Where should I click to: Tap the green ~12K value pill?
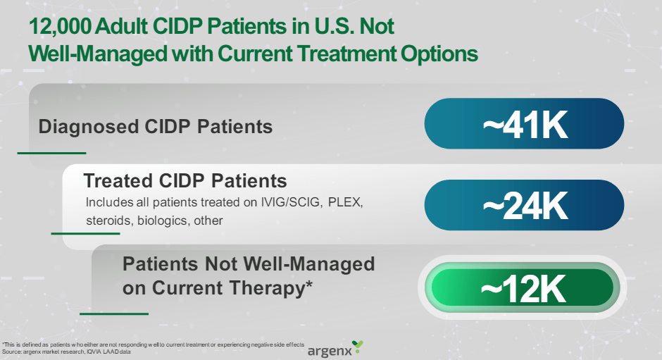(524, 287)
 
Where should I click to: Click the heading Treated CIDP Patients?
(185, 180)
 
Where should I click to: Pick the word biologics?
(159, 221)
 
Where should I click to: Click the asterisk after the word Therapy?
(308, 287)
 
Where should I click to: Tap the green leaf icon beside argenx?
(358, 346)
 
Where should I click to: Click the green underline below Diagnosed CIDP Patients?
(51, 152)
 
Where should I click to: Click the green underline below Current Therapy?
(114, 314)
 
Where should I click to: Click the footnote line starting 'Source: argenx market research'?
(68, 351)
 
